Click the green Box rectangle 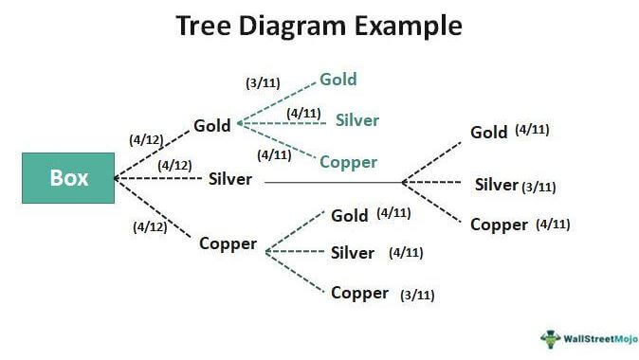pos(68,178)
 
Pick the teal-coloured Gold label pos(338,80)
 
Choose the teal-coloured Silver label pos(357,120)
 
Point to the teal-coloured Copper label pos(348,162)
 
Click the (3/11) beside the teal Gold pos(263,83)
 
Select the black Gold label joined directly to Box pos(212,125)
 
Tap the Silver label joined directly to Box pos(229,178)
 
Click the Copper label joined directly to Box pos(228,243)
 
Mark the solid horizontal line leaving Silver pos(332,182)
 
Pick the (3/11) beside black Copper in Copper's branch pos(417,295)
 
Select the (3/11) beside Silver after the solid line pos(539,187)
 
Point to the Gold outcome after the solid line pos(489,133)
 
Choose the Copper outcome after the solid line pos(499,225)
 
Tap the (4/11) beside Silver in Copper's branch pos(406,253)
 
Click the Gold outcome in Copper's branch pos(350,215)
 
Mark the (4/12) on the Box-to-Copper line pos(152,226)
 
